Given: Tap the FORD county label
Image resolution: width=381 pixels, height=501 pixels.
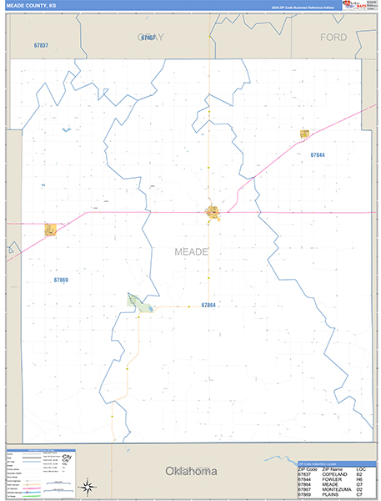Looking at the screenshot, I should pyautogui.click(x=333, y=37).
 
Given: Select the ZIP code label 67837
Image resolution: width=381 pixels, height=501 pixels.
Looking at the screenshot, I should pyautogui.click(x=41, y=45).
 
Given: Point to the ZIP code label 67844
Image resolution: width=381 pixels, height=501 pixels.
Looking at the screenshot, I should pyautogui.click(x=317, y=155).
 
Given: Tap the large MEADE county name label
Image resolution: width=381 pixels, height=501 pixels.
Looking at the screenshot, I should pyautogui.click(x=191, y=250).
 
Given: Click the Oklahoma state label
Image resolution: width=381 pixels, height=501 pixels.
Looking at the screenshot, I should pyautogui.click(x=191, y=471).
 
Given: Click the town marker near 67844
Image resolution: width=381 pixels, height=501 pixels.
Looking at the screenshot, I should pyautogui.click(x=304, y=134).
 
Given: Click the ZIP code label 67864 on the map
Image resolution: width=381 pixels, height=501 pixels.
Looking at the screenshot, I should pyautogui.click(x=208, y=306).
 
